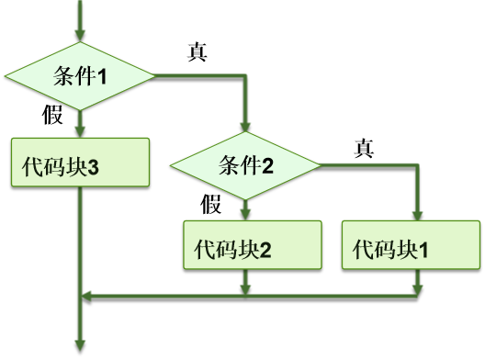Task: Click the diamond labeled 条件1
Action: tap(80, 76)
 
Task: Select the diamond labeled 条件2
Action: tap(245, 165)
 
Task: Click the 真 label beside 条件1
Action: tap(197, 51)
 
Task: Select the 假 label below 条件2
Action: tap(211, 204)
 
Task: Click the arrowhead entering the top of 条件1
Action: tap(80, 36)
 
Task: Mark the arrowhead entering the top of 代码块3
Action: tap(80, 130)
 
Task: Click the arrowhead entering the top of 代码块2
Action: tap(245, 213)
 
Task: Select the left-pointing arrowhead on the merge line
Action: tap(88, 296)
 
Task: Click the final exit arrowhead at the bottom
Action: tap(81, 346)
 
